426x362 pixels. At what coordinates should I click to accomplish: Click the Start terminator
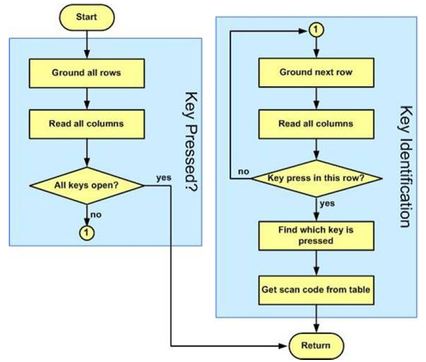point(86,17)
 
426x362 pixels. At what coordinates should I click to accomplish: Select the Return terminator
point(316,344)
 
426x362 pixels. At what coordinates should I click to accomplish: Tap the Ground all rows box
point(86,73)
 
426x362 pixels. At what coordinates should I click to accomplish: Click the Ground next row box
point(316,72)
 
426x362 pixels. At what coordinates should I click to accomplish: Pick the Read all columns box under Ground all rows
point(86,124)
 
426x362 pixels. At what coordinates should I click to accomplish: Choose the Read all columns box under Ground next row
point(316,124)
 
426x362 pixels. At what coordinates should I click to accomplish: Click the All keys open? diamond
point(86,184)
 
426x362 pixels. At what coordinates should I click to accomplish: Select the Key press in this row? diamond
point(316,179)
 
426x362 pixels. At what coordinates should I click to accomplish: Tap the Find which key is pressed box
point(316,235)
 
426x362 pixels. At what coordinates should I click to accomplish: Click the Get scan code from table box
point(316,289)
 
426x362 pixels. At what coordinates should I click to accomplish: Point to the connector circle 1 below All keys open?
point(86,233)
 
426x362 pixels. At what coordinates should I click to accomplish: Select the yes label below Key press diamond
point(327,203)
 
